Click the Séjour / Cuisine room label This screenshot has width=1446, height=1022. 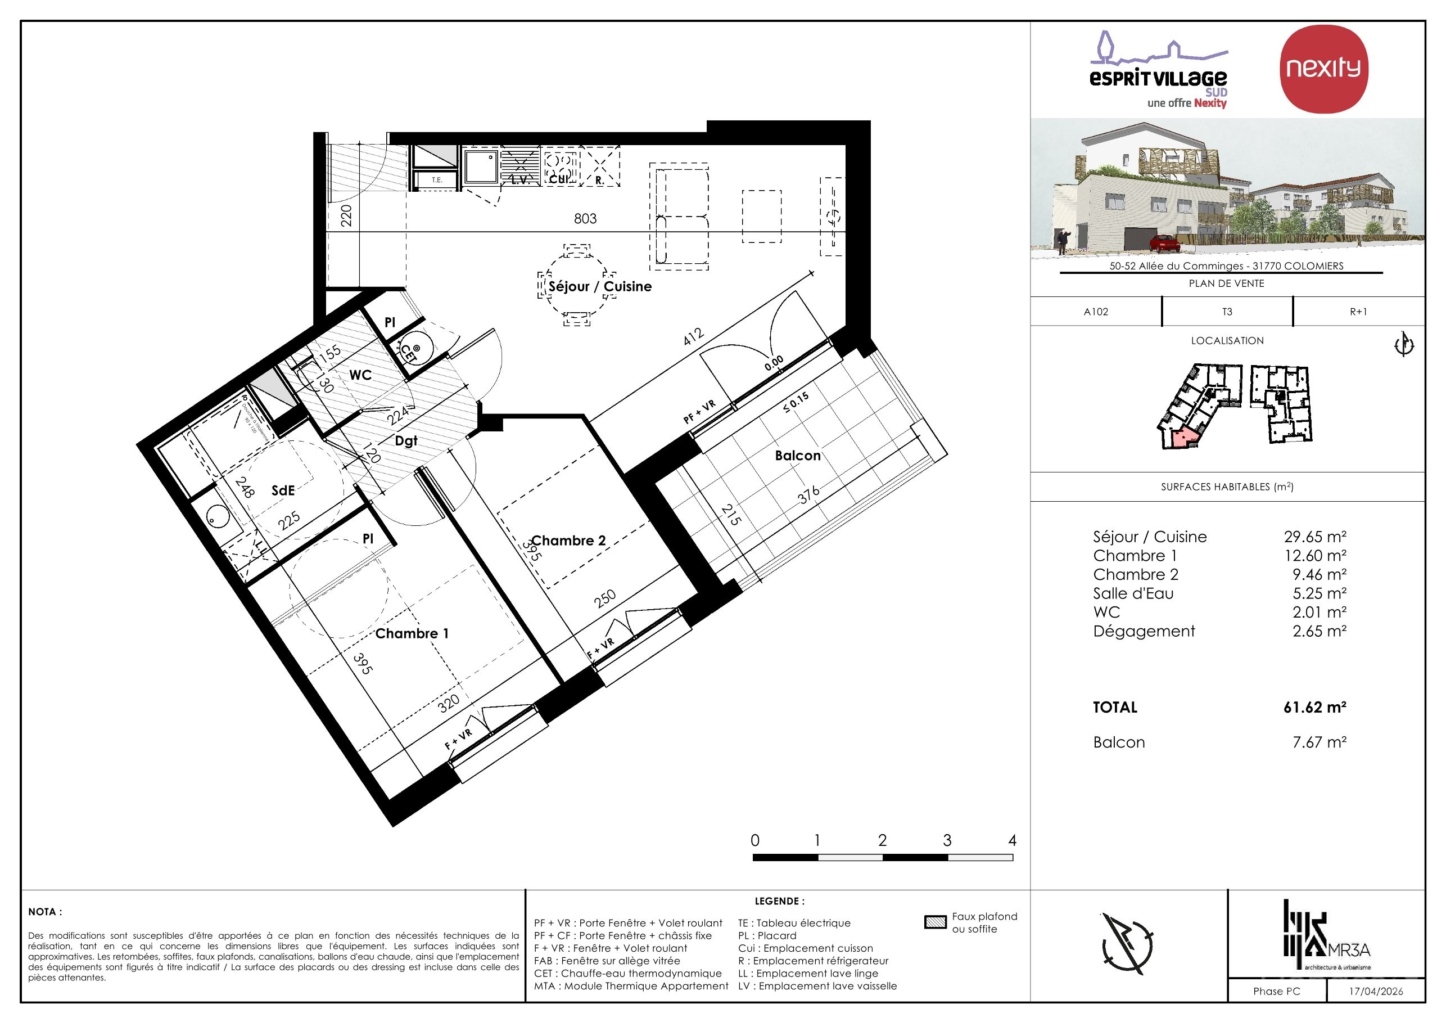pos(599,286)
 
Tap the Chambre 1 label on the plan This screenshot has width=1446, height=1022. pos(412,633)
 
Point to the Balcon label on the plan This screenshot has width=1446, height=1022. pos(797,456)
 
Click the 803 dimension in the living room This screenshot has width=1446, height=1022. pos(585,219)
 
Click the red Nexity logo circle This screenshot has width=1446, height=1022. pos(1323,69)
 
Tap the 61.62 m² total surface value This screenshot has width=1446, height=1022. pos(1314,707)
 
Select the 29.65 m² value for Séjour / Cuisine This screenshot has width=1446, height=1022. pos(1314,537)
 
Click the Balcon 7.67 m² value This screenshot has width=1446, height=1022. pos(1319,742)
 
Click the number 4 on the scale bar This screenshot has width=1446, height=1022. pos(1012,840)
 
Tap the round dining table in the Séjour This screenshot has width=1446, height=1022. pos(577,285)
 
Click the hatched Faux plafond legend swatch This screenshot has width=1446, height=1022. pos(936,922)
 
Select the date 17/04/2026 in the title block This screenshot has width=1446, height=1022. pos(1376,991)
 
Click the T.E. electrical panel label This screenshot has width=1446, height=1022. pos(436,180)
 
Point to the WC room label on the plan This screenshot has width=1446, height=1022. pos(360,376)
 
